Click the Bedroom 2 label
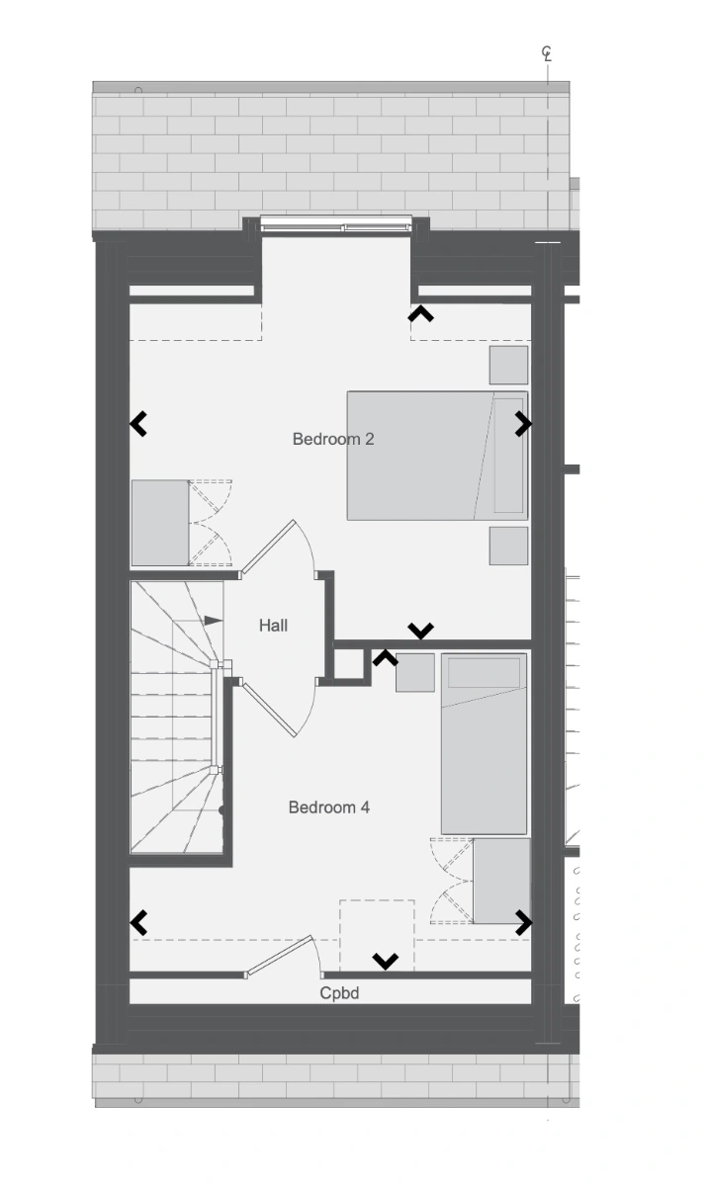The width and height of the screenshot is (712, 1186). [333, 439]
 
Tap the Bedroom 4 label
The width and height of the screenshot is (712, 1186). [329, 806]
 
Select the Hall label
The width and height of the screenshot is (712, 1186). [273, 626]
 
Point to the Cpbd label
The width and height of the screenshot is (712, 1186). [339, 993]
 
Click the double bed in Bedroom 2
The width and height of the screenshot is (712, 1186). [437, 456]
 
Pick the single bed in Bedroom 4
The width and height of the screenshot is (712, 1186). [485, 744]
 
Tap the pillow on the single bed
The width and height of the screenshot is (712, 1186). [485, 672]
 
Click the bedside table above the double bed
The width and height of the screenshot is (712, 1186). [508, 365]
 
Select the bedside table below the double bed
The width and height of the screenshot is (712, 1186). [508, 546]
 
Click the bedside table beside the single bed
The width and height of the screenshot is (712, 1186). [415, 672]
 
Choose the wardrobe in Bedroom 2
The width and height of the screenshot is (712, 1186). [160, 523]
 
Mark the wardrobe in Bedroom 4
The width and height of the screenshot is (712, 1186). [501, 881]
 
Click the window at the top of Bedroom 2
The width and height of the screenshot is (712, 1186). [336, 224]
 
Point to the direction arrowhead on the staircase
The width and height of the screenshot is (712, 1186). [214, 621]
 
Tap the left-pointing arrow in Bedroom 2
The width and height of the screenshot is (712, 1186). [138, 424]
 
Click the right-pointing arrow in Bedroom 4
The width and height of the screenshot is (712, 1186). [523, 922]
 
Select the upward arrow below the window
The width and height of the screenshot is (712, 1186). [420, 313]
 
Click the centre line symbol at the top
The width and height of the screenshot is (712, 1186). [547, 53]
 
